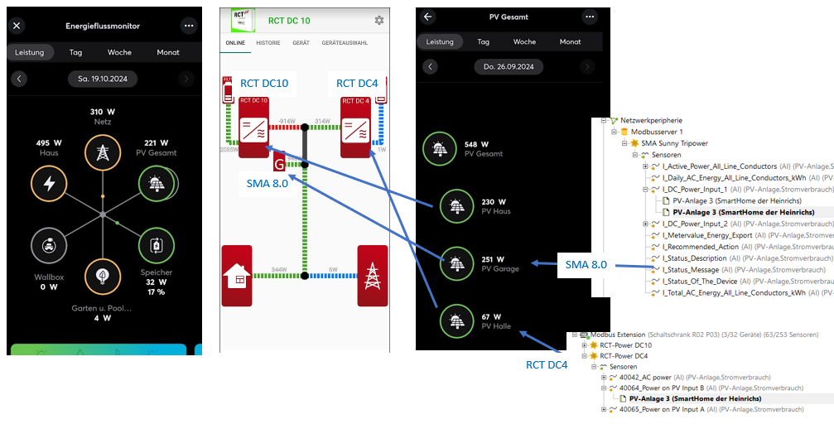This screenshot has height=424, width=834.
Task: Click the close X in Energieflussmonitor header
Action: [x=17, y=26]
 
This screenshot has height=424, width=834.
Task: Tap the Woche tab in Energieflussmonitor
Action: [x=119, y=52]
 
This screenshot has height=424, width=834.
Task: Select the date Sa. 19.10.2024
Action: [x=103, y=79]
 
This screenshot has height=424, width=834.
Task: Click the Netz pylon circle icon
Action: [x=103, y=153]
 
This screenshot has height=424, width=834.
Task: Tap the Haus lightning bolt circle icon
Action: [x=49, y=184]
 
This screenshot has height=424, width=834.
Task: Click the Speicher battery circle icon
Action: [x=156, y=245]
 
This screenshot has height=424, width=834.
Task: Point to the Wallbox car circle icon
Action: [x=49, y=245]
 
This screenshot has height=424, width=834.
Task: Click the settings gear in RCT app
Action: [x=379, y=20]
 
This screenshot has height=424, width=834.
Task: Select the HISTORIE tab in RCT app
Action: [x=268, y=42]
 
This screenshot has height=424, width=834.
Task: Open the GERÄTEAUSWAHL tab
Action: [x=345, y=42]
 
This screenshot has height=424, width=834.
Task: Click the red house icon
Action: [x=238, y=277]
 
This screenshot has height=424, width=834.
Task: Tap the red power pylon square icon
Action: [x=372, y=277]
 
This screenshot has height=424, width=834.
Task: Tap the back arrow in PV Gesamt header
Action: [x=428, y=17]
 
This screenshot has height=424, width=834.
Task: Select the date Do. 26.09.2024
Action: [x=509, y=66]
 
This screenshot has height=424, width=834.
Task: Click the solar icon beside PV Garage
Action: [x=456, y=263]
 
